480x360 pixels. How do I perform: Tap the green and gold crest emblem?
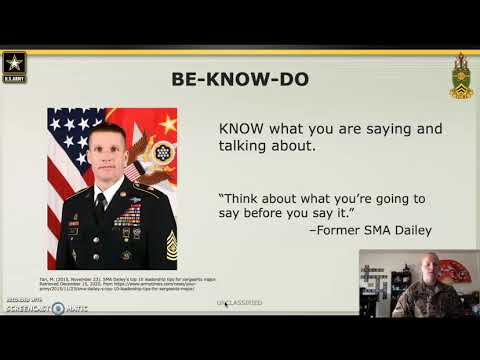[x=460, y=76]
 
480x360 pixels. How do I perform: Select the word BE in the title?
[x=187, y=78]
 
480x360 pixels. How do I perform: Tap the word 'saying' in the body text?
[x=372, y=128]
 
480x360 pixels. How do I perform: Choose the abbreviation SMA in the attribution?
[x=365, y=231]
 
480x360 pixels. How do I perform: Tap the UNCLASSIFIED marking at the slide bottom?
[x=239, y=301]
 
